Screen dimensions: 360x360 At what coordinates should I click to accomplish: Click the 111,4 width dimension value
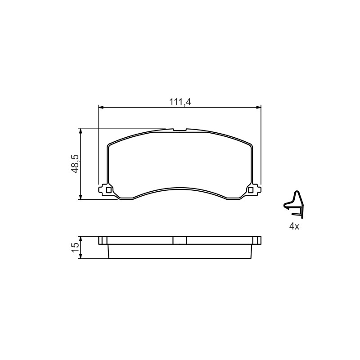(x=180, y=102)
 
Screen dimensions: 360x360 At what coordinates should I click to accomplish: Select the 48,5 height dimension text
(x=75, y=164)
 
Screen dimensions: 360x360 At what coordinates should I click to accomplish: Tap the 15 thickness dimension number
(x=75, y=247)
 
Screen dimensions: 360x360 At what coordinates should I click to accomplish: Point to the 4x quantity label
(x=294, y=227)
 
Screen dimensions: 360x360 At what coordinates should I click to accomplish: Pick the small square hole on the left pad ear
(x=108, y=190)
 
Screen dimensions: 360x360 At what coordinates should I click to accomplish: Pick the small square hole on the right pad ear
(x=251, y=190)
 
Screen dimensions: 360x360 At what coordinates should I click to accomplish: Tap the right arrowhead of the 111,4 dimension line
(x=258, y=107)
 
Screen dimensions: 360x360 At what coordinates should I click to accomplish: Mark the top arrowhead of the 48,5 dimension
(x=81, y=131)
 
